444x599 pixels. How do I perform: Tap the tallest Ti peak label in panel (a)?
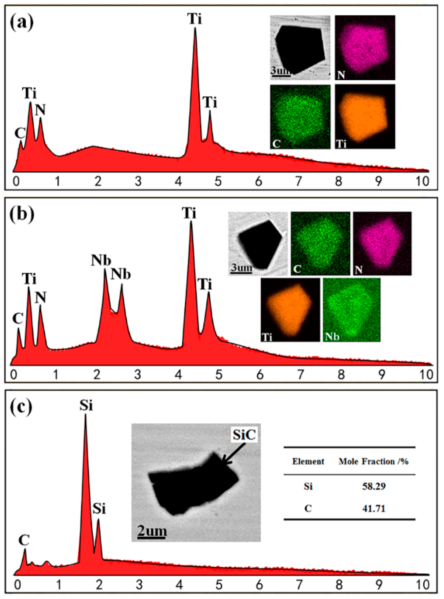(x=194, y=19)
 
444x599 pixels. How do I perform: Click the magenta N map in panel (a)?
(x=365, y=47)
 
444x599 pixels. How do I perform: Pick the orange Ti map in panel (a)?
(x=365, y=116)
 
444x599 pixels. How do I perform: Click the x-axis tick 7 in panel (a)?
(x=298, y=182)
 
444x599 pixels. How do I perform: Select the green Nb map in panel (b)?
(x=351, y=310)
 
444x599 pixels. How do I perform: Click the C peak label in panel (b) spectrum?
(x=18, y=319)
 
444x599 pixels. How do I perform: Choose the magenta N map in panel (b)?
(x=382, y=243)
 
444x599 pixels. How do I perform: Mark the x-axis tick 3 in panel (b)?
(x=138, y=375)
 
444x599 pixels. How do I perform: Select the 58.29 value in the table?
(x=373, y=486)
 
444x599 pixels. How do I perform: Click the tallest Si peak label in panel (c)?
(x=86, y=406)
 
